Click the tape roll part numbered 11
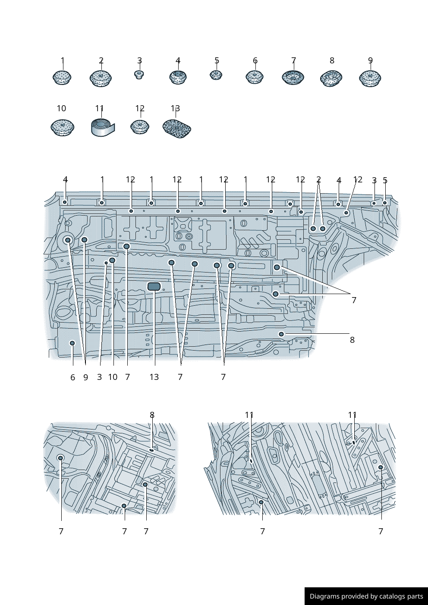tap(103, 128)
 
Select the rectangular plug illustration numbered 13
tap(177, 129)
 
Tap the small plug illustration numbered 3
tap(139, 75)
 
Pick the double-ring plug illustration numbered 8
tap(331, 78)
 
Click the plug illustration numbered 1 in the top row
tap(62, 77)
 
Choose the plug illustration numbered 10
tap(63, 127)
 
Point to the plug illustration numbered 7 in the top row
tap(293, 78)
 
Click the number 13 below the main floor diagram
tap(154, 377)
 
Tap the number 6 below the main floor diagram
tap(72, 377)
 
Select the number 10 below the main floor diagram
tap(113, 377)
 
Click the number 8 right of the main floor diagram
tap(352, 340)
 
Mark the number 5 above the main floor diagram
tap(385, 180)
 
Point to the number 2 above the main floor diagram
tap(318, 179)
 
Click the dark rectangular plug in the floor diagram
tap(154, 286)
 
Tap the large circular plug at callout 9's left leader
tap(68, 240)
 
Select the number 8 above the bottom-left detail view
tap(152, 415)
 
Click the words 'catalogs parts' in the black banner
tap(401, 596)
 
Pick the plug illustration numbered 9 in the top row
tap(370, 78)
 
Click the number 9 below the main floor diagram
tap(85, 377)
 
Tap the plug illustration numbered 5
tap(216, 75)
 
